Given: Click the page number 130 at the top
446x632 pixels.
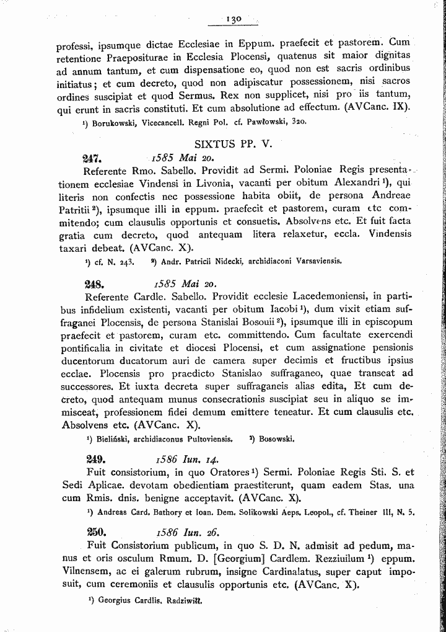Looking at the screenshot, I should (234, 19).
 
